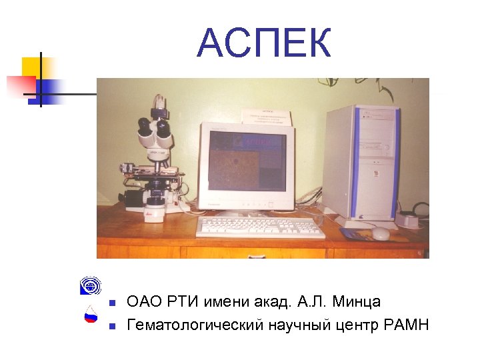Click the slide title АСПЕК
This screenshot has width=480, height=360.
coord(264,45)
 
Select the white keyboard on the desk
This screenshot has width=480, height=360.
coord(261,227)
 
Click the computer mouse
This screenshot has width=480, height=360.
coord(381,233)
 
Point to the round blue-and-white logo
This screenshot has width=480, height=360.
coord(89,286)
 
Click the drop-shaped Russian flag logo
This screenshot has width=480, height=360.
coord(91,314)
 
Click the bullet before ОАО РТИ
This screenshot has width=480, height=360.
coord(112,303)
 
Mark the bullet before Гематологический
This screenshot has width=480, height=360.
coord(112,326)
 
